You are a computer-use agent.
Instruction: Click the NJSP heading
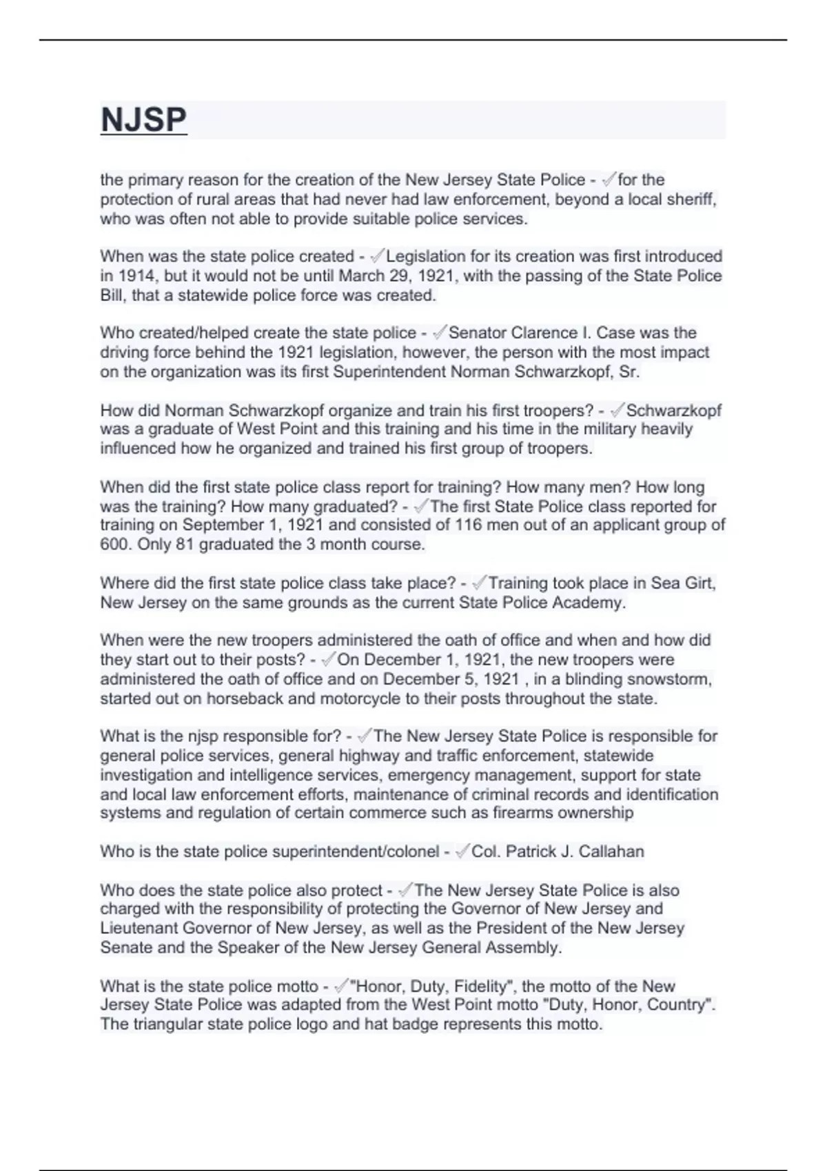143,120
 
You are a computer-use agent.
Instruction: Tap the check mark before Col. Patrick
462,851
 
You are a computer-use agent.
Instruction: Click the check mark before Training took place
480,583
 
